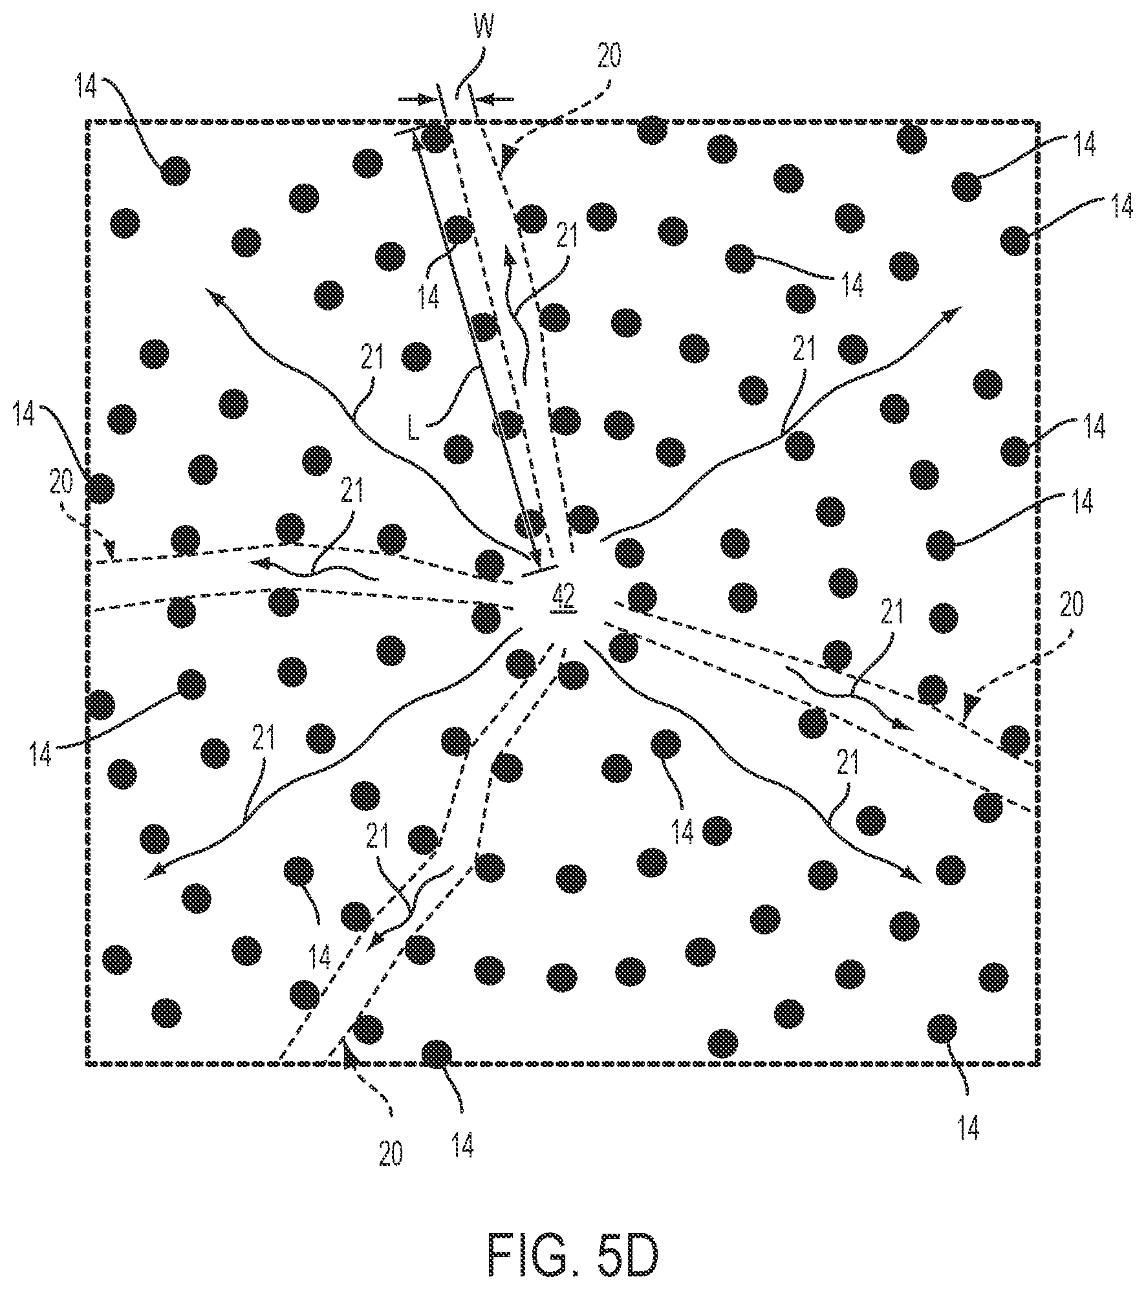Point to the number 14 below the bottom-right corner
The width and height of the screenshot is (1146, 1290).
(968, 1128)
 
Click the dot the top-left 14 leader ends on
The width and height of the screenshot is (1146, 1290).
(175, 171)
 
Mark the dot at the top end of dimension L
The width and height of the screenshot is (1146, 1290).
(438, 137)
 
